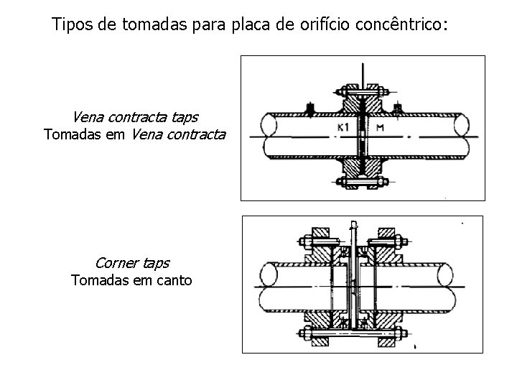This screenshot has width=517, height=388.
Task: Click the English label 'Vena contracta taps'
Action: pos(135,116)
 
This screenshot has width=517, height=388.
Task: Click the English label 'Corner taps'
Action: pos(132,263)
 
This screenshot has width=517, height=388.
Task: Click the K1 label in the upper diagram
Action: pos(344,129)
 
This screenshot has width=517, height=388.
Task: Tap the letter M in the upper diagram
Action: pos(381,129)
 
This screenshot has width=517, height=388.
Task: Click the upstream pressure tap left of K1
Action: pos(309,108)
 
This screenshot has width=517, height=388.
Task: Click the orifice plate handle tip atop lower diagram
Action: pos(353,222)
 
